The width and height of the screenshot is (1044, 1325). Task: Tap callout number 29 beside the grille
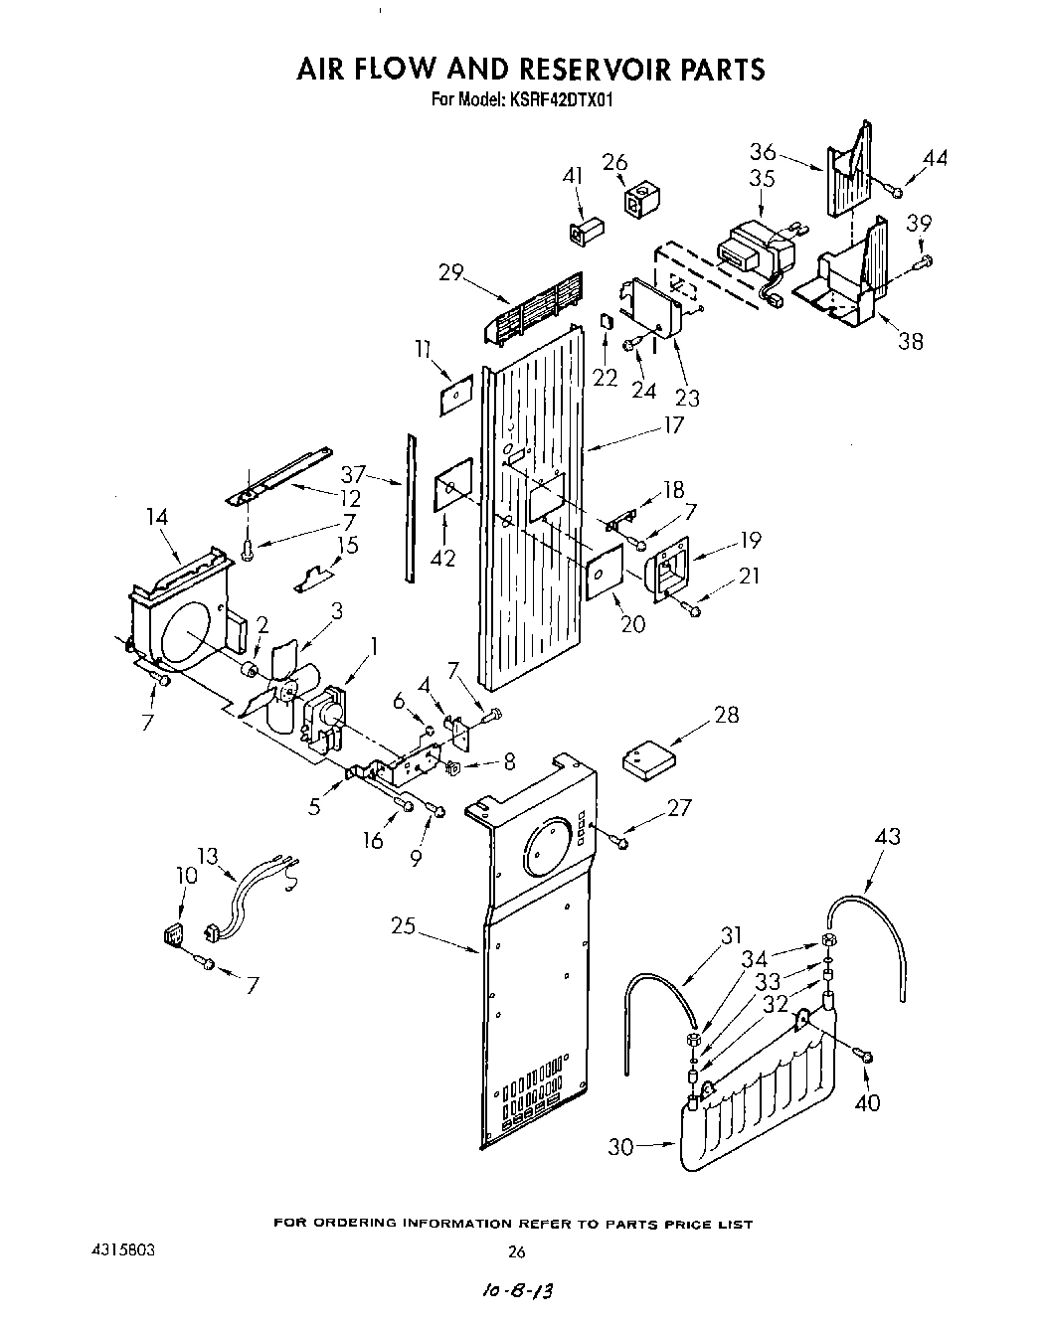coord(452,271)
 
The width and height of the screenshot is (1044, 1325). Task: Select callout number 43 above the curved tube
coord(887,836)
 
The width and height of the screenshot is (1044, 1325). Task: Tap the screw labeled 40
coord(865,1060)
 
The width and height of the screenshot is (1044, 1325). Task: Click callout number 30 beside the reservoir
coord(620,1146)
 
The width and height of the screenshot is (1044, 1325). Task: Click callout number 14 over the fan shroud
coord(156,516)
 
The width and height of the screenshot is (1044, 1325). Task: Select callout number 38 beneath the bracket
coord(911,341)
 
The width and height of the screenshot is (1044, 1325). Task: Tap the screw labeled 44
coord(894,191)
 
